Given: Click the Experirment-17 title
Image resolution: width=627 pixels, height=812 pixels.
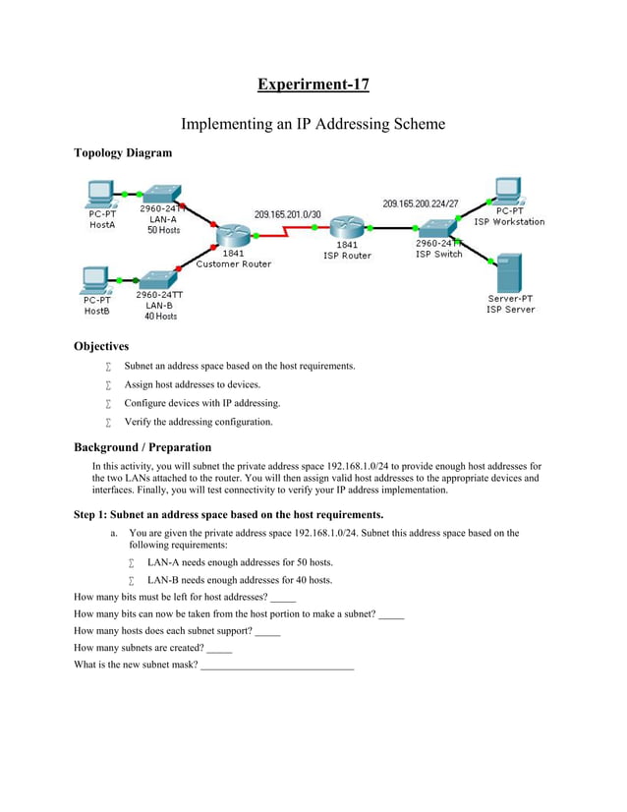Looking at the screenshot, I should coord(313,85).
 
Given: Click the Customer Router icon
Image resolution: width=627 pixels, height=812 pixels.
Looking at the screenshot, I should coord(233,235).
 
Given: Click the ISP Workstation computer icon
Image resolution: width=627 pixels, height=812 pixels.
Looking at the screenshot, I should coord(508,191).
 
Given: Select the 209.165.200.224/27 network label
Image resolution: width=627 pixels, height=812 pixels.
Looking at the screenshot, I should coord(420,203).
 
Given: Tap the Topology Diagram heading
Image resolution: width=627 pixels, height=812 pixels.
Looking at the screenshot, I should coord(123,152).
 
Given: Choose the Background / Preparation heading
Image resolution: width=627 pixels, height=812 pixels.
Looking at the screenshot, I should coord(142,447).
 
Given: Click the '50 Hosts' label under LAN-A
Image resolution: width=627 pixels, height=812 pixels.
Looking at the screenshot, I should coord(163,230).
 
